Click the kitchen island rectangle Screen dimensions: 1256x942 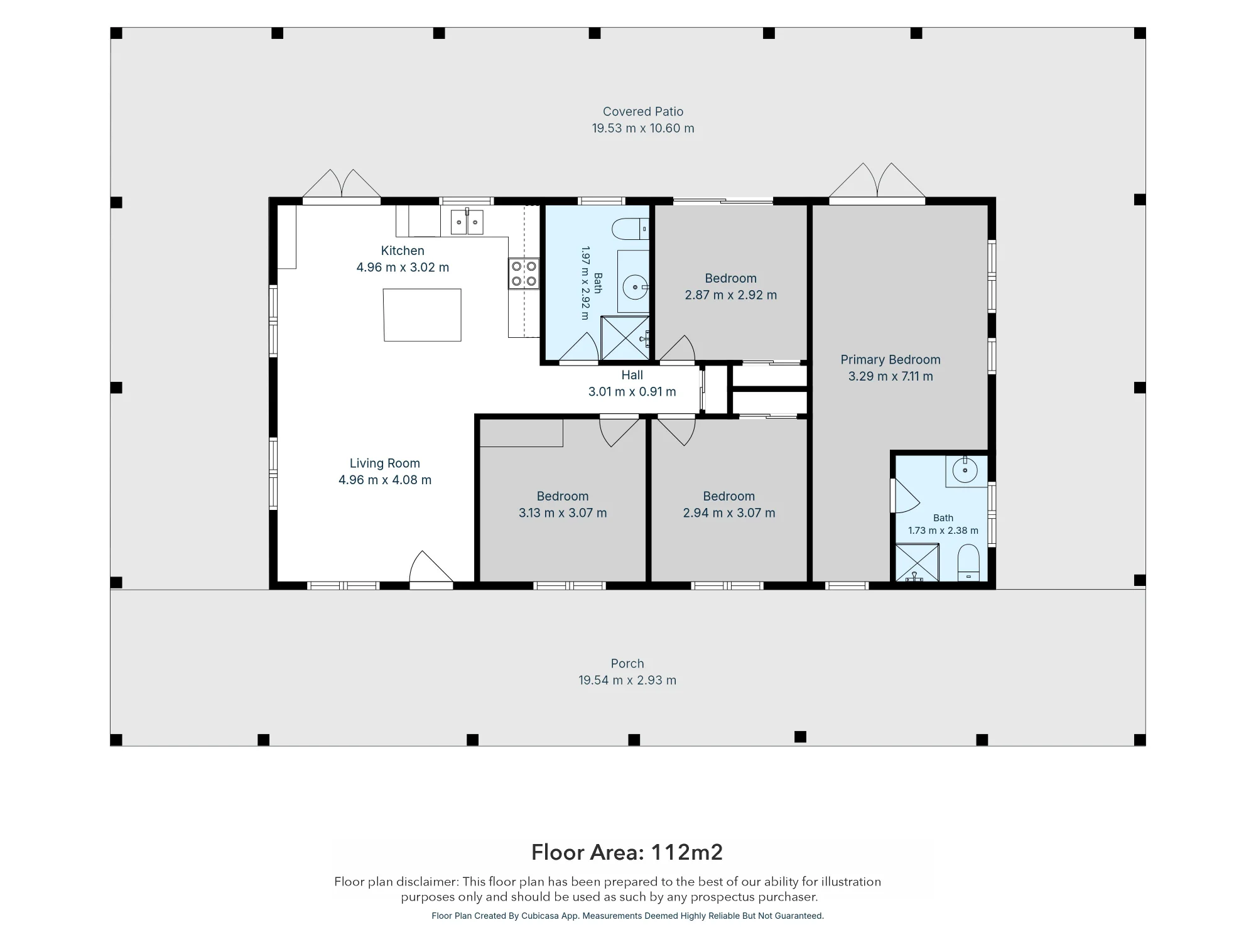422,315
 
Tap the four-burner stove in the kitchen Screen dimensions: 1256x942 524,274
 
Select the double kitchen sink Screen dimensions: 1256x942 467,222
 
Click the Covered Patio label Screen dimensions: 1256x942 643,112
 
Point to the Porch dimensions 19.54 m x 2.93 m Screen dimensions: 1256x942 627,680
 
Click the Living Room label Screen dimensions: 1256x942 385,463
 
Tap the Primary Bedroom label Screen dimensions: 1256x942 891,360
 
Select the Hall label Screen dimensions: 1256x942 632,375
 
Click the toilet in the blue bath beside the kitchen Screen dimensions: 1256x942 631,229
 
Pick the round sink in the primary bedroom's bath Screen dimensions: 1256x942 965,470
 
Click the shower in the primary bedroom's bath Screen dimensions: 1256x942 917,563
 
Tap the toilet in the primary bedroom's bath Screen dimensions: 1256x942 968,563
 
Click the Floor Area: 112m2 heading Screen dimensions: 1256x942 627,852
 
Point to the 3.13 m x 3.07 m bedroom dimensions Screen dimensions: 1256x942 563,513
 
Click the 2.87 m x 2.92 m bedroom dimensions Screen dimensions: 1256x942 731,295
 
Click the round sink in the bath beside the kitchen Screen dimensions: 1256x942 635,288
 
